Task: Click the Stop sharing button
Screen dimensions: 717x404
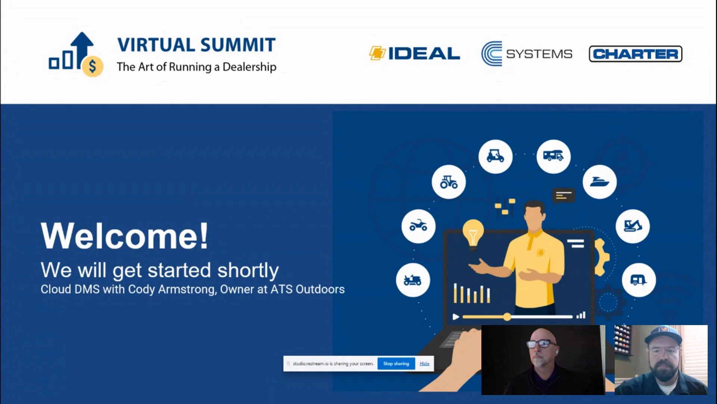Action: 396,364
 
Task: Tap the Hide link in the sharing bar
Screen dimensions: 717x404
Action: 424,364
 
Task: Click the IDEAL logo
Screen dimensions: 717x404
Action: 415,53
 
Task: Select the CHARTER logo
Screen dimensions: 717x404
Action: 636,54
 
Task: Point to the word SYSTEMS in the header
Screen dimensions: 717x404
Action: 539,54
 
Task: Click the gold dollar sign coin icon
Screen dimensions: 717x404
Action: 93,67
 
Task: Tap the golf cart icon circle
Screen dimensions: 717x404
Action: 496,156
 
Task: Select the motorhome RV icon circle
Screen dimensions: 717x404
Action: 553,156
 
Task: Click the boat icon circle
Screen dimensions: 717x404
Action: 600,182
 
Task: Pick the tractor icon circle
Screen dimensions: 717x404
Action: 449,182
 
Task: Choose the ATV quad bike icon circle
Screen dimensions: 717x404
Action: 419,226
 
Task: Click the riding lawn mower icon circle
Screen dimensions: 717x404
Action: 413,280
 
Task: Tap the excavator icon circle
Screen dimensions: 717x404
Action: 633,226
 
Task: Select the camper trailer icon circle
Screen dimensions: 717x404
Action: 639,280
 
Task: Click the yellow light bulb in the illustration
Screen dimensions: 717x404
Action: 473,233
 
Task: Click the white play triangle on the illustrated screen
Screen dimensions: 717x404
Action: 456,317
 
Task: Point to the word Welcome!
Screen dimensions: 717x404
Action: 124,236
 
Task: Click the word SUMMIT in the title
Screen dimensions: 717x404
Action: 238,45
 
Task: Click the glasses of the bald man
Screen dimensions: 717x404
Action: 541,343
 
